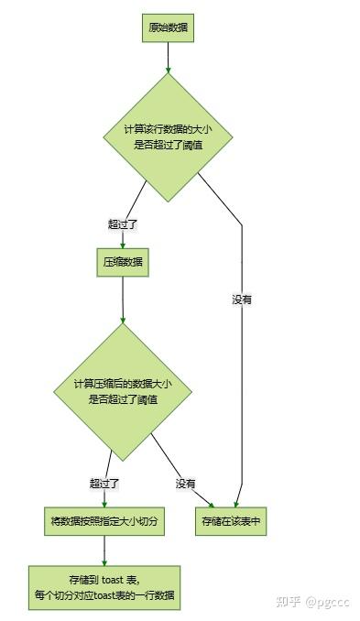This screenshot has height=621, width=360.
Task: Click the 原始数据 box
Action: pos(169,27)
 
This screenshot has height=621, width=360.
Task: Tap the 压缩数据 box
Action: pos(122,263)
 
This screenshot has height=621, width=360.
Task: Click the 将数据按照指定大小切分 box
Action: pos(104,520)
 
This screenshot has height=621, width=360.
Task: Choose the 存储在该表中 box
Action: pos(231,520)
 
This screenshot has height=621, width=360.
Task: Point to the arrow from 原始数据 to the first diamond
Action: pos(169,57)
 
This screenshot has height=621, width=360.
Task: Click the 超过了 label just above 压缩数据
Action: pos(122,223)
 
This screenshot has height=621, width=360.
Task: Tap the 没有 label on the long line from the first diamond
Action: pos(242,299)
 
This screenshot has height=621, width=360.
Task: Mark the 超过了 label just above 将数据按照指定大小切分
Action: pos(104,483)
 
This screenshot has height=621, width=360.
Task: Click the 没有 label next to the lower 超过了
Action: pos(186,483)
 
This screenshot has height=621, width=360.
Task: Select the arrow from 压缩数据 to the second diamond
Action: pos(123,300)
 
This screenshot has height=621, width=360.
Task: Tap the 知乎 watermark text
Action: pos(289,601)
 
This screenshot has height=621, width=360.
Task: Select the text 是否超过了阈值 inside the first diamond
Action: pos(169,144)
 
